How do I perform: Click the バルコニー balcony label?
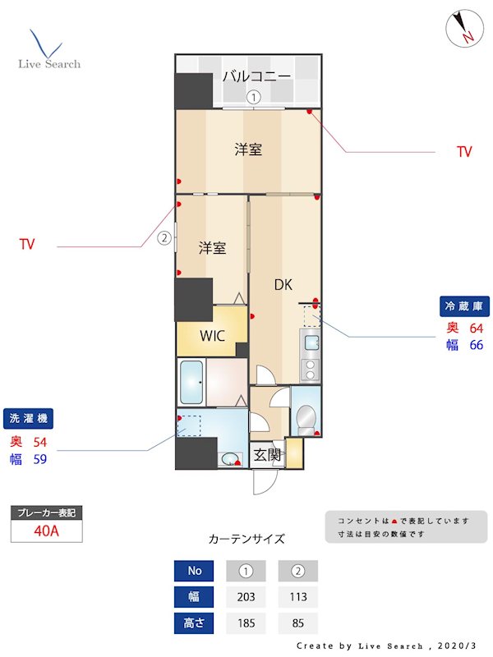256,76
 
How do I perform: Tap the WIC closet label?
212,335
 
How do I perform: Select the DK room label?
283,285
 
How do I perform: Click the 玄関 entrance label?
266,454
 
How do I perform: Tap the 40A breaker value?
46,531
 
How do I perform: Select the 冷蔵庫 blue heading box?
464,306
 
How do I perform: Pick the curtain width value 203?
246,596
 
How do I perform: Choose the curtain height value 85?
298,623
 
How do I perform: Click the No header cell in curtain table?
195,570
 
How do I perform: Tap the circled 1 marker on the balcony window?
255,98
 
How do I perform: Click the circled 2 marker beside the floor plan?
164,239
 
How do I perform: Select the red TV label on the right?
464,152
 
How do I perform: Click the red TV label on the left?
27,245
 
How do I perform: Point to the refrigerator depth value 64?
476,328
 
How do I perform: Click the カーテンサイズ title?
246,540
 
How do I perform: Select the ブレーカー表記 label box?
46,512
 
